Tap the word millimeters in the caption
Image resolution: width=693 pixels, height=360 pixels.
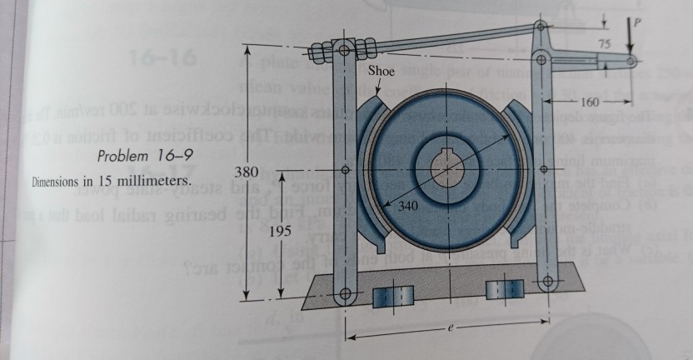coord(156,181)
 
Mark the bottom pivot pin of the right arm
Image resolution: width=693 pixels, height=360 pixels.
coord(547,281)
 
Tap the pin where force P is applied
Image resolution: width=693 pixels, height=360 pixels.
coord(631,62)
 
